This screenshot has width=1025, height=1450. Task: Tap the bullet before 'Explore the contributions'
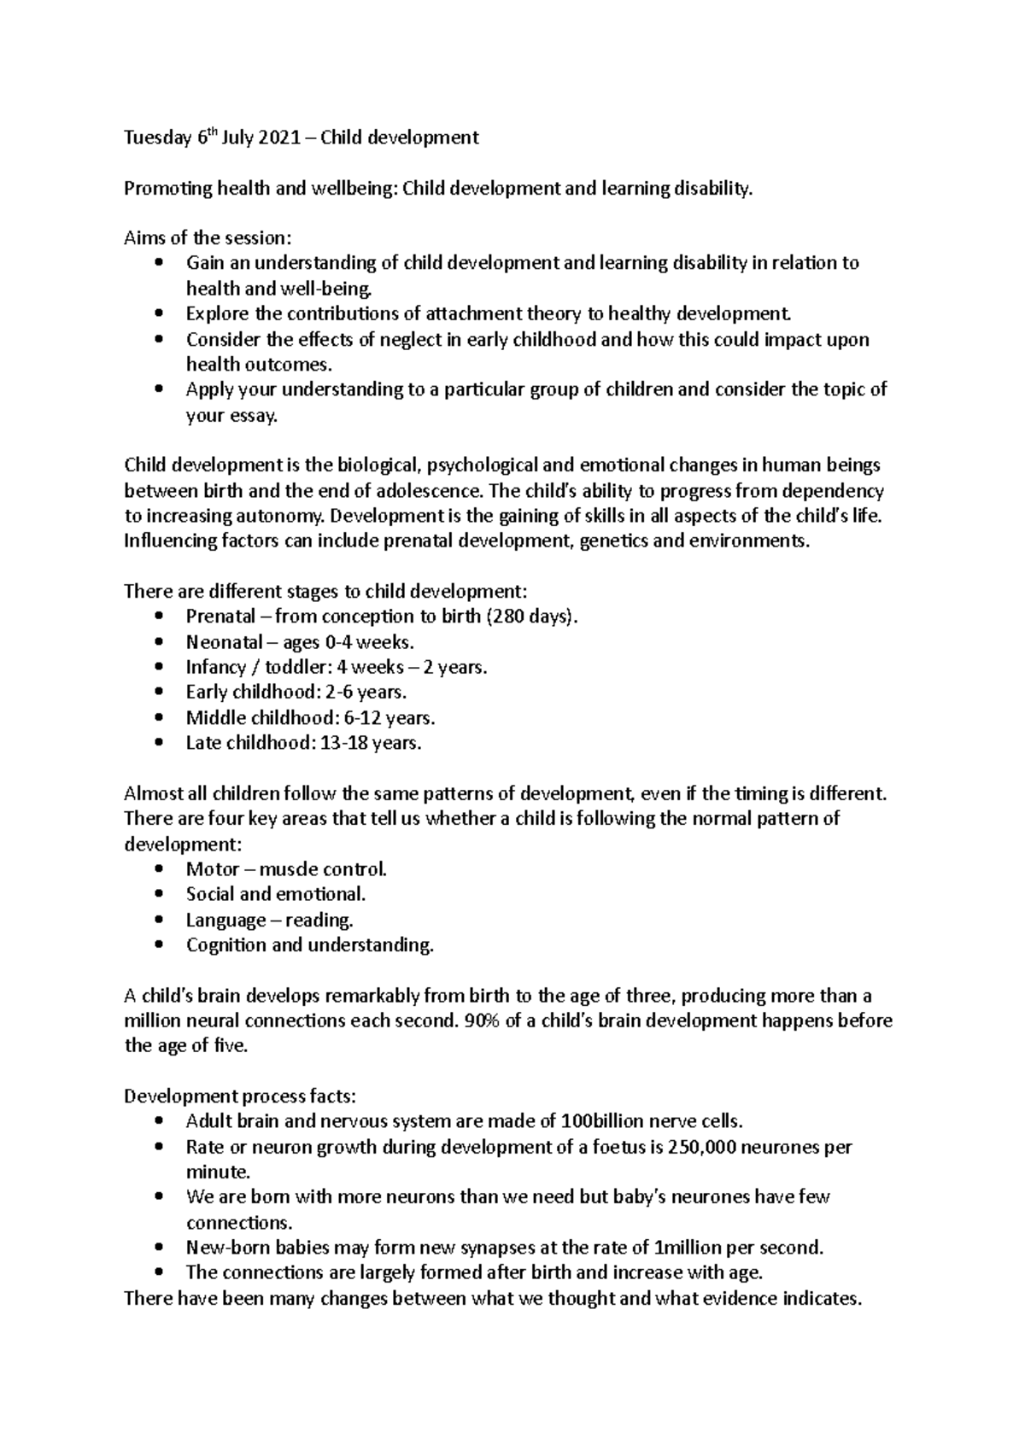(159, 314)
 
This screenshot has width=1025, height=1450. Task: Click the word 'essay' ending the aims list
(252, 417)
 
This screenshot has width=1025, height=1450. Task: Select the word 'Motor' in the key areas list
(212, 870)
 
